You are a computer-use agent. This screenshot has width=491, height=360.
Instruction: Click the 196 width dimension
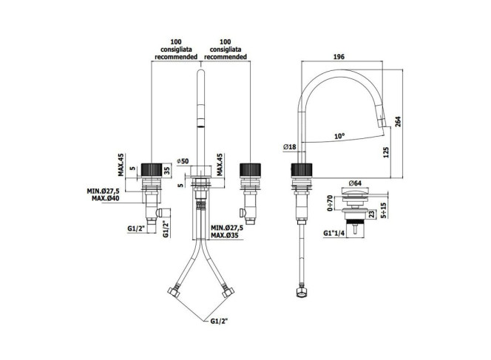click(x=339, y=57)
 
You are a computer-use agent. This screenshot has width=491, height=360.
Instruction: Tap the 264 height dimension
click(x=398, y=121)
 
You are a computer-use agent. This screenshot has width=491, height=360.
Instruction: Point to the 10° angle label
click(x=339, y=136)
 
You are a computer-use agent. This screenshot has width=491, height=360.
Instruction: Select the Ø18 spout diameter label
click(x=290, y=146)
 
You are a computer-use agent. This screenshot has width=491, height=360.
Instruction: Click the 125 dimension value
click(x=386, y=152)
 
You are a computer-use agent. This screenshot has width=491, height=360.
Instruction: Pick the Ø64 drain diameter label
click(x=355, y=183)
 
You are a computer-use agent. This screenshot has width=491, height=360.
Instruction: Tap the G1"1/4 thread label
click(x=334, y=233)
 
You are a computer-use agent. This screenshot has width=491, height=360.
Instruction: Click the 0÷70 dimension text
click(x=330, y=203)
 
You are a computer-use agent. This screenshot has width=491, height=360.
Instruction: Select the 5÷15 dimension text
click(x=384, y=210)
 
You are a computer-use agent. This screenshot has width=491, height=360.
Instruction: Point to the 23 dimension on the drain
click(x=371, y=214)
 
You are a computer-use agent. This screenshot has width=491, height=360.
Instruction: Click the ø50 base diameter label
click(x=183, y=161)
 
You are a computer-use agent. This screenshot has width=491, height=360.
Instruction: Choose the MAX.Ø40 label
click(x=106, y=198)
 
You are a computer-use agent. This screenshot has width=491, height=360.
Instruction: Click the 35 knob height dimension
click(x=167, y=171)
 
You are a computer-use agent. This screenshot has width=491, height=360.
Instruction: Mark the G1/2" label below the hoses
click(x=219, y=321)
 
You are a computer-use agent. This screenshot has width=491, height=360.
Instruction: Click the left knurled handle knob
click(x=152, y=171)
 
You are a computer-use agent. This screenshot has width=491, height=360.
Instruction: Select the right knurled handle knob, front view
click(x=250, y=171)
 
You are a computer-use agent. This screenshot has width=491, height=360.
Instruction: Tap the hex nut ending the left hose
click(x=174, y=292)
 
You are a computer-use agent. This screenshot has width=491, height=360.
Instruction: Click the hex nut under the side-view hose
click(x=301, y=293)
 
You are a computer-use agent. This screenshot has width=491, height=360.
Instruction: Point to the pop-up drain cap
click(x=355, y=191)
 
